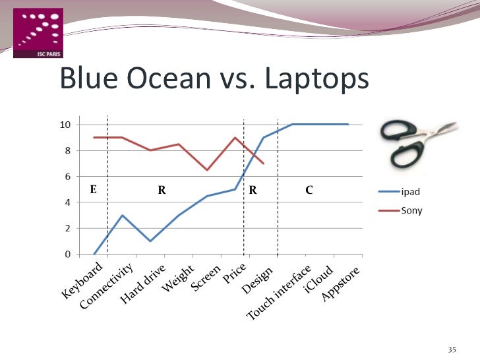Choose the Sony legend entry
click(412, 211)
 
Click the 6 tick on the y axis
click(67, 176)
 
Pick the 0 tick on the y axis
click(67, 254)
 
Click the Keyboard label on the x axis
click(83, 281)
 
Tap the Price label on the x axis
click(235, 273)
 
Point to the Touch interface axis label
click(278, 294)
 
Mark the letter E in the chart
click(93, 189)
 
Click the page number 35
click(452, 349)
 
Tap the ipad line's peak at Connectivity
click(122, 215)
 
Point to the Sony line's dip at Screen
click(207, 170)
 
